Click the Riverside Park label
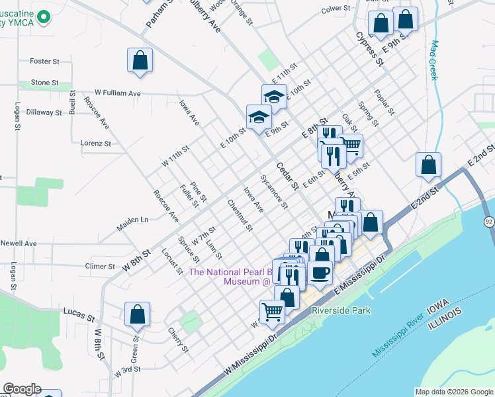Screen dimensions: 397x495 pos(341,310)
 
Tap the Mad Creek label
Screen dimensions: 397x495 pos(435,61)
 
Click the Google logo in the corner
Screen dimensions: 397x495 pos(22,389)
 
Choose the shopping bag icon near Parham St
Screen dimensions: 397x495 pos(140,60)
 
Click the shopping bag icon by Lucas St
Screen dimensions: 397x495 pos(137,315)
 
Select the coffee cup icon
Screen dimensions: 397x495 pos(320,272)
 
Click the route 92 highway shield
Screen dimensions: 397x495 pos(488,220)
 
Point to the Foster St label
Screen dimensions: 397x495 pos(45,61)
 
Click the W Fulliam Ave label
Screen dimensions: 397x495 pos(118,93)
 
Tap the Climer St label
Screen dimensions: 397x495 pos(101,266)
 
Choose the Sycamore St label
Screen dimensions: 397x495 pos(274,191)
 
